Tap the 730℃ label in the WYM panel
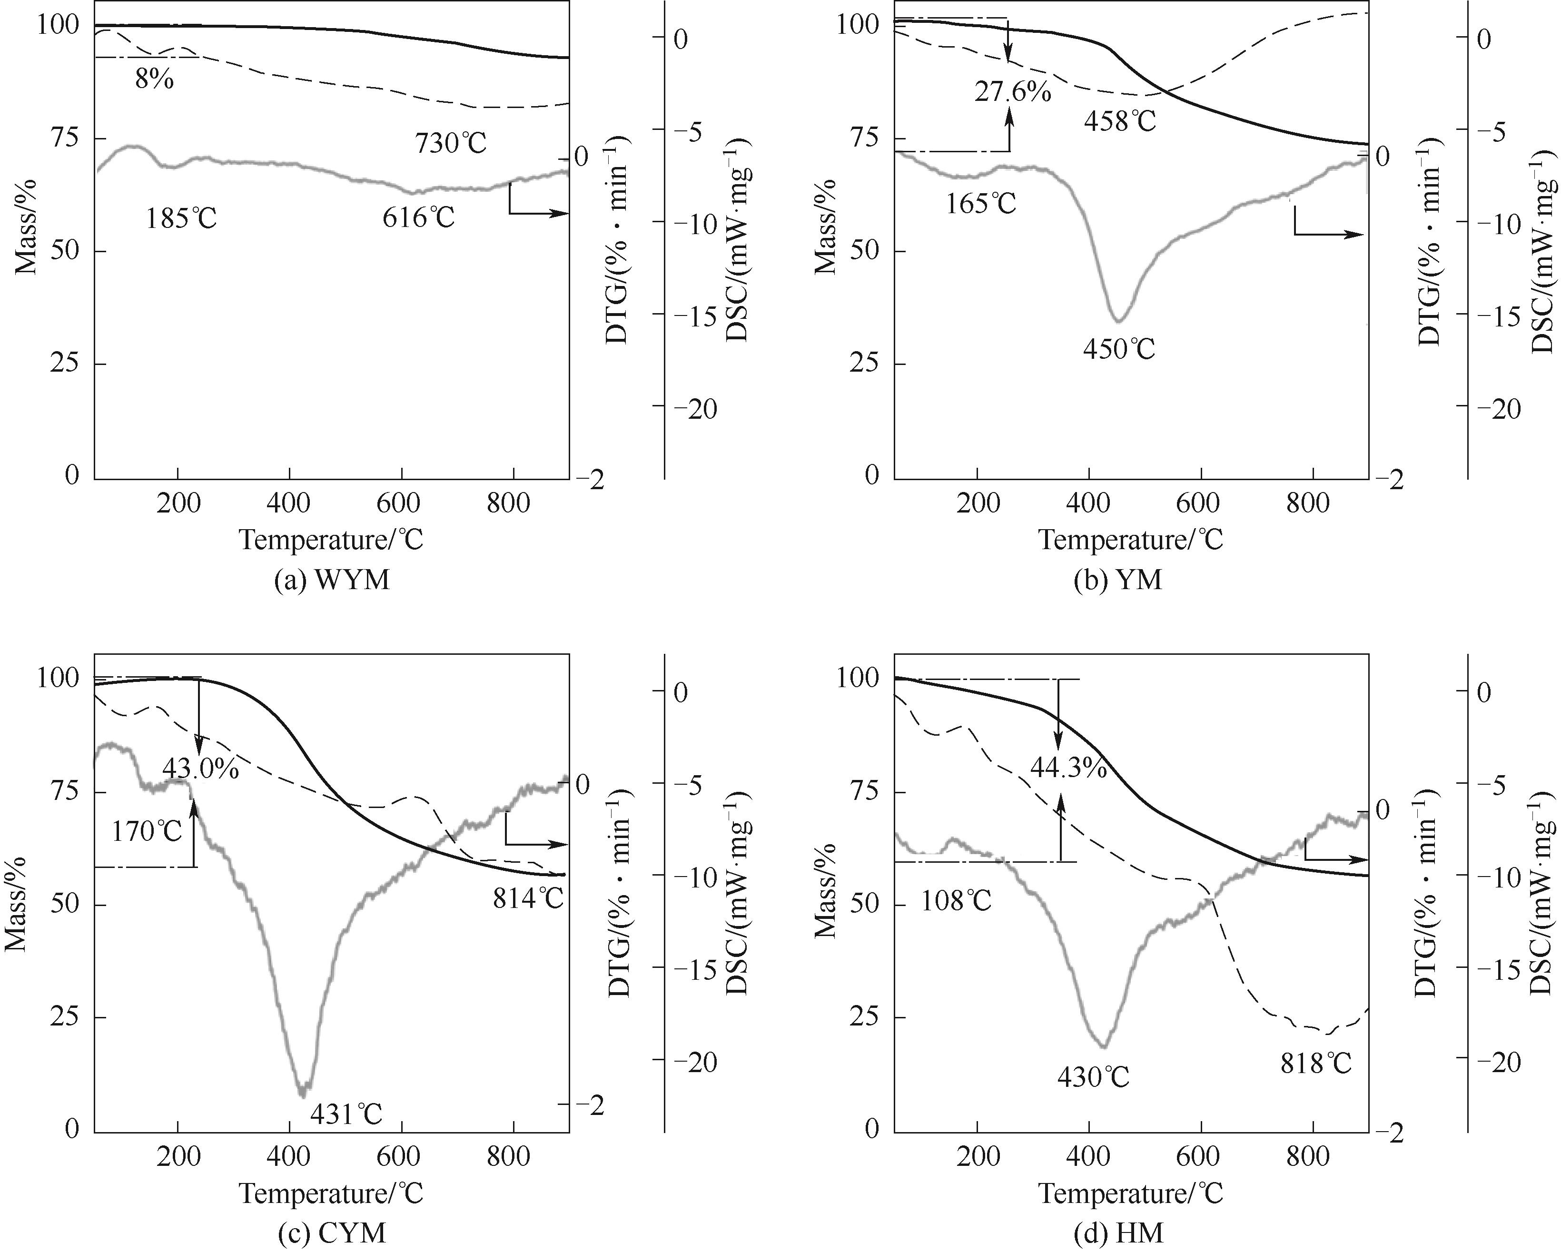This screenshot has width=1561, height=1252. (450, 143)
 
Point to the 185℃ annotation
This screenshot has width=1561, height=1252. (181, 218)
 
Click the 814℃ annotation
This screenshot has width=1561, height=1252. (528, 898)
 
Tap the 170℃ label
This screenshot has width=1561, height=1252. (147, 831)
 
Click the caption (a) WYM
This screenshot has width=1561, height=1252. (332, 580)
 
